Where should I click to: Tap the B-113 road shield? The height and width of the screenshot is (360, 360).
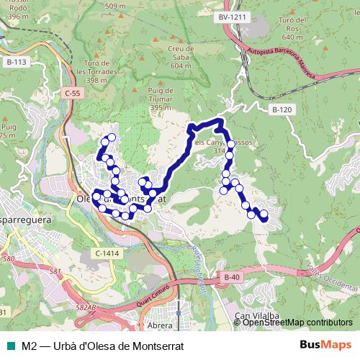(16, 63)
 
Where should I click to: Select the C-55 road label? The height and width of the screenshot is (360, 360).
(72, 94)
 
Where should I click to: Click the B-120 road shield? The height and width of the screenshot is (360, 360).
(282, 109)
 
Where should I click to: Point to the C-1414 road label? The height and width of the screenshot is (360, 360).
(106, 253)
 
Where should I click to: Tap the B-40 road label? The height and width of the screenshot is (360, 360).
(231, 277)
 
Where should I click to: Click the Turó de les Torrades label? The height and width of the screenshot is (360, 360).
(102, 70)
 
